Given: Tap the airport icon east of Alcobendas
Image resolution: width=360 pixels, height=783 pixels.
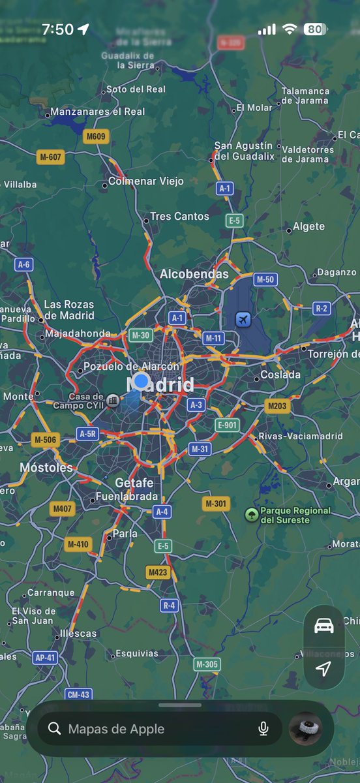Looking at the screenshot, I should coord(243,320).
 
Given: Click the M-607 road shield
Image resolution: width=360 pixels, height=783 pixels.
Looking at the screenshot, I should coord(50,157).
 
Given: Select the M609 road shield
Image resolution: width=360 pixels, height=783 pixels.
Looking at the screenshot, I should coord(96,136).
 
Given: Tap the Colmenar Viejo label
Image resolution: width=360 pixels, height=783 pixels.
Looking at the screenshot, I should coord(145,181).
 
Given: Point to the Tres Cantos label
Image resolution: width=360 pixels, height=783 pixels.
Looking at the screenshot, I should coord(179,216).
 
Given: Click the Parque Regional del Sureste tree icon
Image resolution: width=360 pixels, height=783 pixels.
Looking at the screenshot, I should coord(251,515).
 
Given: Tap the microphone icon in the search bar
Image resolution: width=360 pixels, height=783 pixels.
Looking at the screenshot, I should coord(263,729).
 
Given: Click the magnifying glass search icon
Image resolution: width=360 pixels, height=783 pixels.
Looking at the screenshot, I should coord(55,729).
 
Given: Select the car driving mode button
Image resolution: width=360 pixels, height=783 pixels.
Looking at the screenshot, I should coord(324,626).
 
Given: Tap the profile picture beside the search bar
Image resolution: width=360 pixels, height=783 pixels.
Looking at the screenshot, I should coord(305,728).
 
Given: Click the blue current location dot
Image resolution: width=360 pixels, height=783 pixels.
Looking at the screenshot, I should coord(141,381).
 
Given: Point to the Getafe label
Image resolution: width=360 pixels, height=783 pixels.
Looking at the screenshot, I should coord(134,483).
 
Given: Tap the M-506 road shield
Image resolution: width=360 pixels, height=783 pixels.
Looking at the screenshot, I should coord(45,440).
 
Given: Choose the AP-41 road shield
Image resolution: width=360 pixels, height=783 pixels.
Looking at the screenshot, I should coord(45,658).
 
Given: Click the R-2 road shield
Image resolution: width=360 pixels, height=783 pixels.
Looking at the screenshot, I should coord(322,308).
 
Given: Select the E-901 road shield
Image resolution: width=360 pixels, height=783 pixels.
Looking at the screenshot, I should coord(227,425).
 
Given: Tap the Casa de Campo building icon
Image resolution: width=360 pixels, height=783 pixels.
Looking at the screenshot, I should coord(113,400).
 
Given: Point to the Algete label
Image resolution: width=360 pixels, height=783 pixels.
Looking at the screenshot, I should coord(308,226).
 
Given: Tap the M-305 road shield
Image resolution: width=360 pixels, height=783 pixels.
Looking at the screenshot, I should coord(207,664).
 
